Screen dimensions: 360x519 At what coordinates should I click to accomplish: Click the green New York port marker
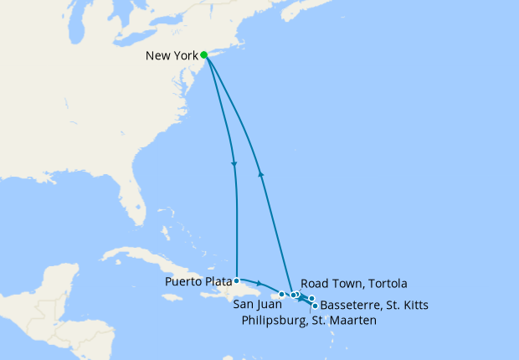pos(204,55)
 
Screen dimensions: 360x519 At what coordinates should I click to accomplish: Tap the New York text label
pos(172,57)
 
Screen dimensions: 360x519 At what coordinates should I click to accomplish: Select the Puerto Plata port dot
pos(238,280)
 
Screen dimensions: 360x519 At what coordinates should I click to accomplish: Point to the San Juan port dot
pos(281,294)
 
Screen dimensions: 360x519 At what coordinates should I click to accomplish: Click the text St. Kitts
pos(409,305)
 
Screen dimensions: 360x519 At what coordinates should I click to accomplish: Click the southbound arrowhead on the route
pos(234,164)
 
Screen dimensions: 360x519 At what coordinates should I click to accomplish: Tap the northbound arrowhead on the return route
pos(261,173)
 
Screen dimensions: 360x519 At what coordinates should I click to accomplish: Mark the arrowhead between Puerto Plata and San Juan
pos(259,284)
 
